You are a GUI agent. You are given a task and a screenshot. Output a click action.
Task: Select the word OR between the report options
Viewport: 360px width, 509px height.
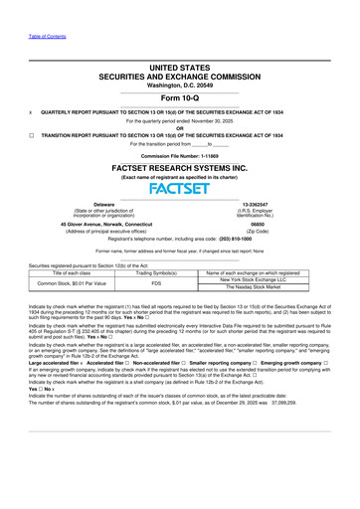pyautogui.click(x=179, y=125)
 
